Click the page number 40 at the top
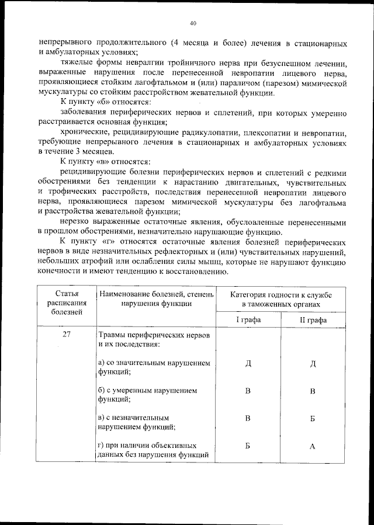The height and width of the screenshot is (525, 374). click(x=193, y=23)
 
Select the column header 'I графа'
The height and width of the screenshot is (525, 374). click(x=248, y=320)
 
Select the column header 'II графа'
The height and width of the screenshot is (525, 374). click(x=313, y=320)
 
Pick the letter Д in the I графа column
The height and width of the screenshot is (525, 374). click(x=248, y=364)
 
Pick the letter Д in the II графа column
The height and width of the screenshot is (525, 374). click(x=313, y=364)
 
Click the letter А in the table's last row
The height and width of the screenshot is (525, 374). click(x=313, y=447)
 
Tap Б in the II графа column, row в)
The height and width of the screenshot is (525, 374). click(x=313, y=419)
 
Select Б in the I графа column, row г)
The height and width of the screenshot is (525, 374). click(x=248, y=447)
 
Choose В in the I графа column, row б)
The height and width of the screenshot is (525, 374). click(x=248, y=391)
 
